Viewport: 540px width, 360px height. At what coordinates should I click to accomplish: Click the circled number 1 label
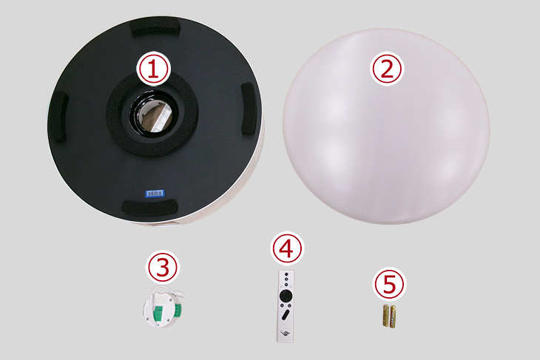click(153, 69)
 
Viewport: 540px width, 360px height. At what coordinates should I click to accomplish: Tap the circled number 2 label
click(386, 69)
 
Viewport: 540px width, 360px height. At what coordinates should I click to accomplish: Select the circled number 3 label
click(163, 267)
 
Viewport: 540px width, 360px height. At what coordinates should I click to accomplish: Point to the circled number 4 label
click(287, 248)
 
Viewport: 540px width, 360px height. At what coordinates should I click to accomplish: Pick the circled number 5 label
click(390, 285)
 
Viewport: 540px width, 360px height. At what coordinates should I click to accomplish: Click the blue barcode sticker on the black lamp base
click(155, 194)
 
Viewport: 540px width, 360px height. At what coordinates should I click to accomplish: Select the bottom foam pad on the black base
click(150, 207)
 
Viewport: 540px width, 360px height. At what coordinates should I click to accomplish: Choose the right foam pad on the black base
click(248, 109)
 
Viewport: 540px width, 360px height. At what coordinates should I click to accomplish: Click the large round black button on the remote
click(286, 296)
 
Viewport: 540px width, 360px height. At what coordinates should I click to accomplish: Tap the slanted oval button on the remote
click(286, 315)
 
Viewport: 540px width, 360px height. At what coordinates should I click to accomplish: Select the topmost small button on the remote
click(286, 274)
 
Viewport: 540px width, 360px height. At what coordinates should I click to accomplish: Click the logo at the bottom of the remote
click(286, 333)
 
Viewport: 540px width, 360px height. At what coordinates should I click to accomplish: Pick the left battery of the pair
click(386, 316)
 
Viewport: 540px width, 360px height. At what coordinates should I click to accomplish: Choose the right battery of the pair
click(393, 316)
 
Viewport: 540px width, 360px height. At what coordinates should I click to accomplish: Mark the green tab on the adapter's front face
click(159, 313)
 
